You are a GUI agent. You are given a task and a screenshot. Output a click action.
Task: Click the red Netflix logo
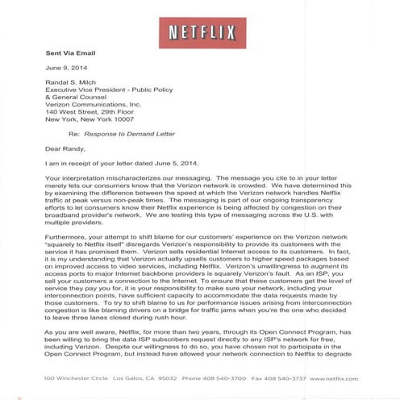[x=201, y=33]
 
